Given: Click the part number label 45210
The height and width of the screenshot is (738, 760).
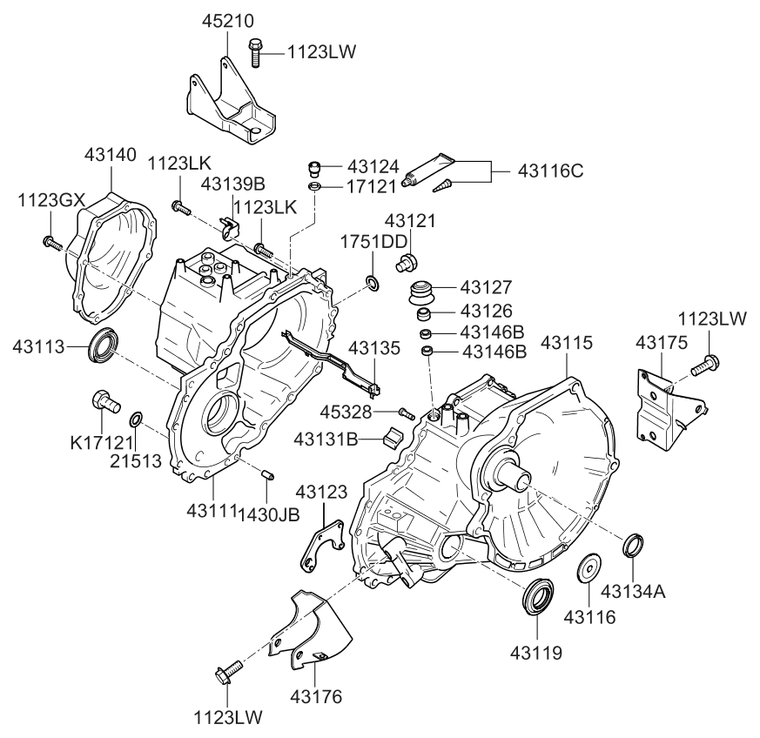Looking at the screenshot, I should coord(225,20).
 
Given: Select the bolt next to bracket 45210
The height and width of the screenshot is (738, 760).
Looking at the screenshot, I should coord(256,52).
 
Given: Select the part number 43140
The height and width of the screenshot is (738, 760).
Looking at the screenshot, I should coord(111,155).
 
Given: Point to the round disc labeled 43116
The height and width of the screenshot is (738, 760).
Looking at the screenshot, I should coord(591,567).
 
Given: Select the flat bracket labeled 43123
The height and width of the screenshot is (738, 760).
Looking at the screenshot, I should coord(319,545).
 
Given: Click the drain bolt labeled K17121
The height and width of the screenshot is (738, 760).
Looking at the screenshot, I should coord(104,404).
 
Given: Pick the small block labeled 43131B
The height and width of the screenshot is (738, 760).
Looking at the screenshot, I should coord(394,435).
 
